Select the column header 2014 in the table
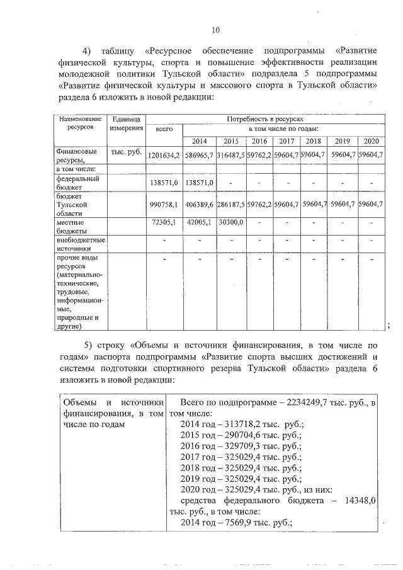pos(199,141)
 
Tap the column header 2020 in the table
pos(371,141)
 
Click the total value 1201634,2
pos(164,155)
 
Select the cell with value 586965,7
pos(199,155)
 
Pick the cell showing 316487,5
pos(230,155)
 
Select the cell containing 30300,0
pos(230,223)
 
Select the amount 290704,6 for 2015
pos(244,435)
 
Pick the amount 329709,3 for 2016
pos(244,447)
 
